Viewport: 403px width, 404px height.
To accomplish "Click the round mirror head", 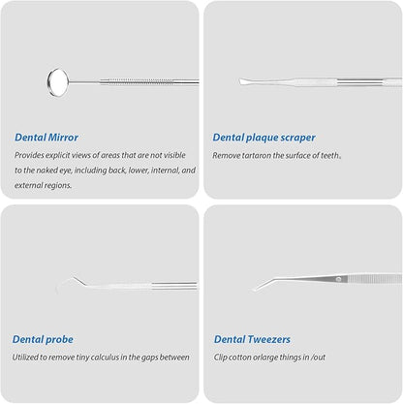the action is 58,82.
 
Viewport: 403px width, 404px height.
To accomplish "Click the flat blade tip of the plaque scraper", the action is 245,81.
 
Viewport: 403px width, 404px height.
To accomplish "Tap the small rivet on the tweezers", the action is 338,279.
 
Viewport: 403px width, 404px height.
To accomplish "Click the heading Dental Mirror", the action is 46,138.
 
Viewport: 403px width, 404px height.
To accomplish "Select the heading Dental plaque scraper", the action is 263,138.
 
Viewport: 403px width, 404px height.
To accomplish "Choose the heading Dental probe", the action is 43,340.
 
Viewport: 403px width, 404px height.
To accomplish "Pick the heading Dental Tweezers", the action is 252,339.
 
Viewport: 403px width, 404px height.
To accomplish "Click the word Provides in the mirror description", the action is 29,155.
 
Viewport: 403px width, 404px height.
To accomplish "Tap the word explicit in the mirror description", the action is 57,156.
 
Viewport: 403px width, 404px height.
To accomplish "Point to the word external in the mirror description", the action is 27,185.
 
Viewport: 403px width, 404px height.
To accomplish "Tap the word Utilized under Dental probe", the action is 25,357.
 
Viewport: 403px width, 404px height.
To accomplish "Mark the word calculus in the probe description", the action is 105,357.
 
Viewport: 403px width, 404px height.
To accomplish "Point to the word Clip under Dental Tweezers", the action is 220,357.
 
